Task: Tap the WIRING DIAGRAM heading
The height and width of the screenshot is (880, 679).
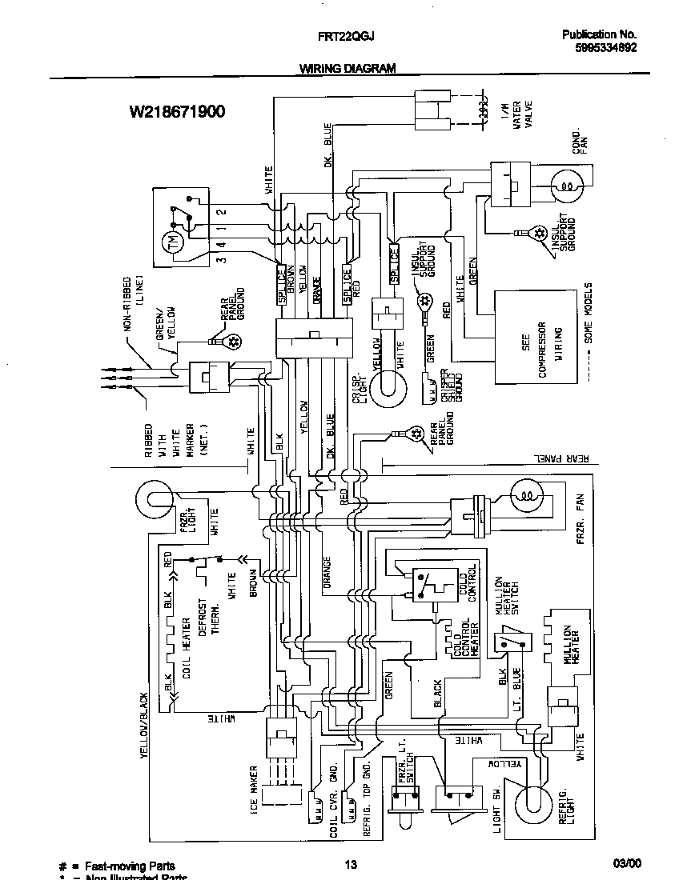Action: (x=348, y=69)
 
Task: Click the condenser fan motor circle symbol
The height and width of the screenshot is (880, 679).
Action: (x=567, y=186)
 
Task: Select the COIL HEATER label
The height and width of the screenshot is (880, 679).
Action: (x=186, y=654)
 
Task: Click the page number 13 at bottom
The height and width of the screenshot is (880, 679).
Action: (x=350, y=864)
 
